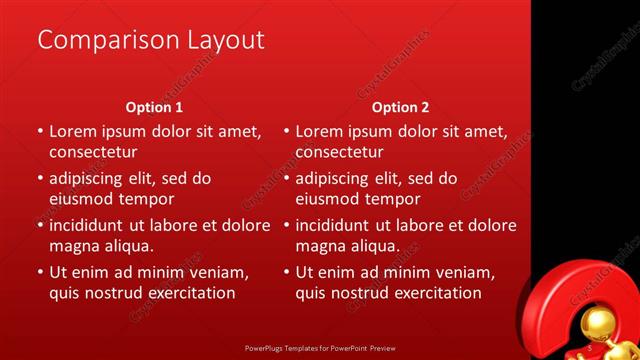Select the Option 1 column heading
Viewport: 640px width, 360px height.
154,107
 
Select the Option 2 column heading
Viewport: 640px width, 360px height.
400,107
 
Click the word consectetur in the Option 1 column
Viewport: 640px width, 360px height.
93,152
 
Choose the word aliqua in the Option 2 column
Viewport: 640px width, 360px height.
375,246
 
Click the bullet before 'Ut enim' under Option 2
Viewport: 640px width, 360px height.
287,272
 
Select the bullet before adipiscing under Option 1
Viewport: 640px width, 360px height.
40,179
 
